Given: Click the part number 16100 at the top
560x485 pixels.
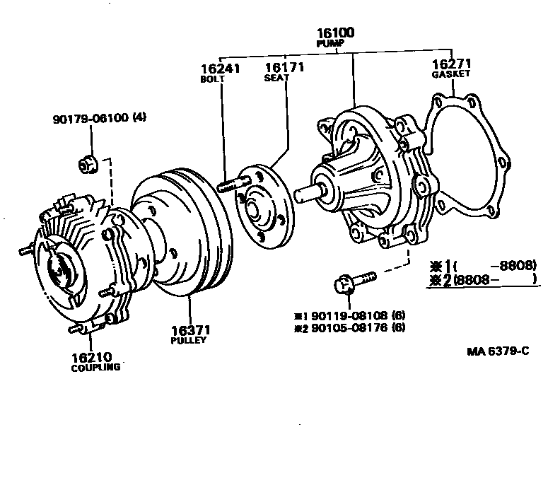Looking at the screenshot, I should [x=336, y=32].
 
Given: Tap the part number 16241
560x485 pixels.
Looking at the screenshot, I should [x=220, y=69].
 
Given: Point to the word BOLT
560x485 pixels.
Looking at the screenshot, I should [x=212, y=79].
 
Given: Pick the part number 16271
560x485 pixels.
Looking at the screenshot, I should [x=451, y=62].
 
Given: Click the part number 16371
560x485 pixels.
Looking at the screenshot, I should [x=189, y=329].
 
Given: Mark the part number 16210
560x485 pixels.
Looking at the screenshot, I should [x=91, y=357].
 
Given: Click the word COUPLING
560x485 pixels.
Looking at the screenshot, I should [x=95, y=368].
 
